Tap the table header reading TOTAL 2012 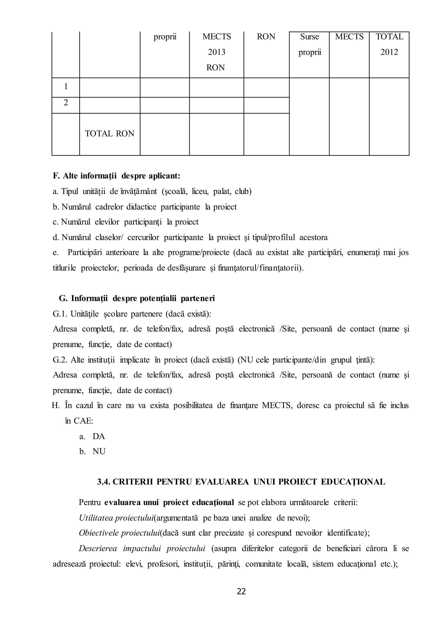point(389,44)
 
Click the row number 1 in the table point(66,87)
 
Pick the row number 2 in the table point(66,103)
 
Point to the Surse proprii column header point(309,44)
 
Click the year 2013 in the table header point(217,52)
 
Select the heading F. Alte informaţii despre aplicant point(116,176)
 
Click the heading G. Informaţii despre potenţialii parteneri point(137,298)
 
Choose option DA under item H point(99,436)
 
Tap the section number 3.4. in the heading point(104,482)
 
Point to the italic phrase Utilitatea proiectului point(116,518)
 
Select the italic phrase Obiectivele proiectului point(119,533)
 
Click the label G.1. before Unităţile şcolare point(61,314)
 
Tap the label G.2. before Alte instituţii point(61,360)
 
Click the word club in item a point(243,192)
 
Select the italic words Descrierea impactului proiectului point(142,549)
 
